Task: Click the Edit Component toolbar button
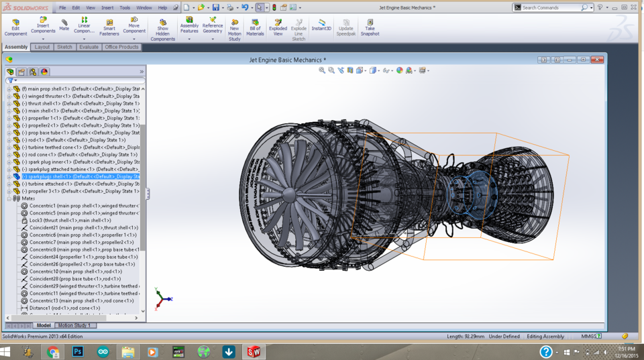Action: pyautogui.click(x=15, y=27)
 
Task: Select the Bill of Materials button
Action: pyautogui.click(x=255, y=27)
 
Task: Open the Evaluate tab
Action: pyautogui.click(x=89, y=47)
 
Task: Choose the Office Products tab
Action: pyautogui.click(x=121, y=47)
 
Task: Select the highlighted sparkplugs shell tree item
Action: pyautogui.click(x=74, y=176)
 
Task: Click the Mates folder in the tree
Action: pyautogui.click(x=28, y=198)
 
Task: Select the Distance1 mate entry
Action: pyautogui.click(x=64, y=308)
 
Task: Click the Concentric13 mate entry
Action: pyautogui.click(x=74, y=300)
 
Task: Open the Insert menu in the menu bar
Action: pyautogui.click(x=107, y=7)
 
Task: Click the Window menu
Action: pyautogui.click(x=144, y=7)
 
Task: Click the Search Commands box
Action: pyautogui.click(x=550, y=7)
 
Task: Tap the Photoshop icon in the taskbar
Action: pyautogui.click(x=78, y=351)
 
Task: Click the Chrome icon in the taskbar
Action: pyautogui.click(x=53, y=351)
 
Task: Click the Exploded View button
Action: pyautogui.click(x=278, y=27)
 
